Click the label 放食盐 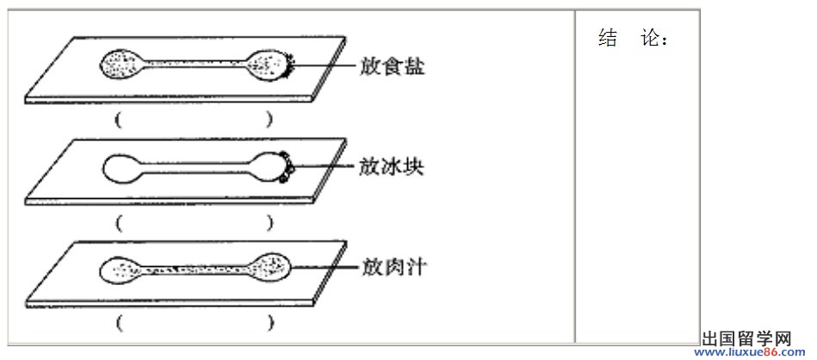pos(392,66)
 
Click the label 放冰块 pos(392,167)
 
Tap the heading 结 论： pos(633,38)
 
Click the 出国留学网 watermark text pos(746,339)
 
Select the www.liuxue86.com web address pos(749,353)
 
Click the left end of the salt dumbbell pos(119,64)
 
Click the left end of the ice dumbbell pos(121,167)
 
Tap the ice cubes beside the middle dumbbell pos(286,167)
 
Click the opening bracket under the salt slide pos(120,121)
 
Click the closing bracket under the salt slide pos(269,121)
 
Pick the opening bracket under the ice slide pos(120,224)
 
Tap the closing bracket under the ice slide pos(269,224)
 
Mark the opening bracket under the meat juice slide pos(120,324)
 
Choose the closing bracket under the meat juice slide pos(269,324)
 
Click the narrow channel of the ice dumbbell pos(196,167)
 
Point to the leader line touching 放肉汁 pos(325,268)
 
